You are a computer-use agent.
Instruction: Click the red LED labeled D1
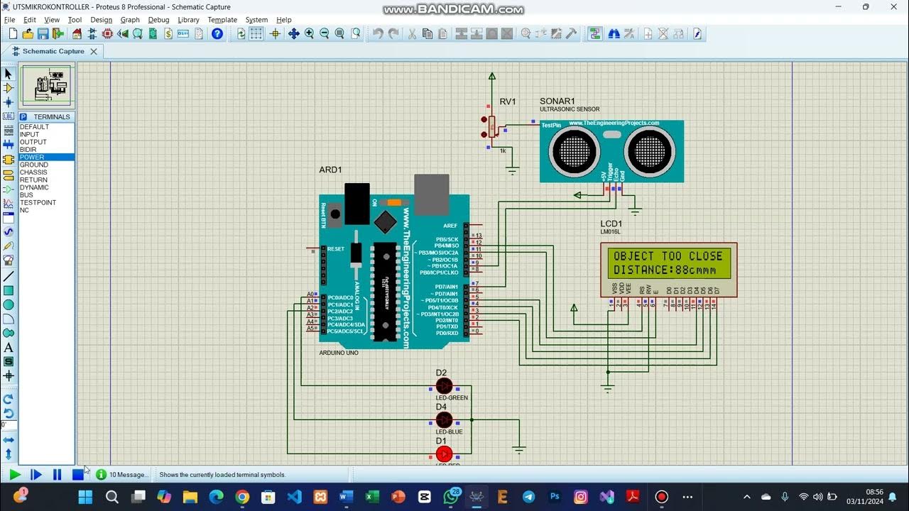pyautogui.click(x=444, y=454)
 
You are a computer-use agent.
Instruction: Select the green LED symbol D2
pyautogui.click(x=444, y=386)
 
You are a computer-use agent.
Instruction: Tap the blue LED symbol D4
pyautogui.click(x=444, y=419)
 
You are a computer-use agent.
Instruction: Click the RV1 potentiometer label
pyautogui.click(x=507, y=102)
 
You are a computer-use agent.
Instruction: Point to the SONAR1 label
pyautogui.click(x=557, y=101)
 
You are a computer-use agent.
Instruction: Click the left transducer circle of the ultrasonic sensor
pyautogui.click(x=574, y=150)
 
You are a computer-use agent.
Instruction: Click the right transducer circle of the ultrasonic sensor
pyautogui.click(x=649, y=150)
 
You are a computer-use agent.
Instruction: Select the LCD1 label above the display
pyautogui.click(x=611, y=224)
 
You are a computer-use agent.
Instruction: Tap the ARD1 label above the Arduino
pyautogui.click(x=330, y=170)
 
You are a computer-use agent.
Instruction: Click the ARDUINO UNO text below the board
pyautogui.click(x=338, y=353)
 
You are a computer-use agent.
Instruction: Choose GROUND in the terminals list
pyautogui.click(x=34, y=165)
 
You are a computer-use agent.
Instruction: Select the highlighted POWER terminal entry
pyautogui.click(x=32, y=157)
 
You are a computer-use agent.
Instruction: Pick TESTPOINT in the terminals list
pyautogui.click(x=38, y=202)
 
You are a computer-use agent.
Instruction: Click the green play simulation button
pyautogui.click(x=15, y=474)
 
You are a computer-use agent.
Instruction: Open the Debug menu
pyautogui.click(x=158, y=20)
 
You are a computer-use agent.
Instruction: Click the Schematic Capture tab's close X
pyautogui.click(x=93, y=51)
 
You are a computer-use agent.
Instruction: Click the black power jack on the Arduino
pyautogui.click(x=356, y=203)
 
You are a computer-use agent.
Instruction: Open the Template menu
pyautogui.click(x=222, y=20)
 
